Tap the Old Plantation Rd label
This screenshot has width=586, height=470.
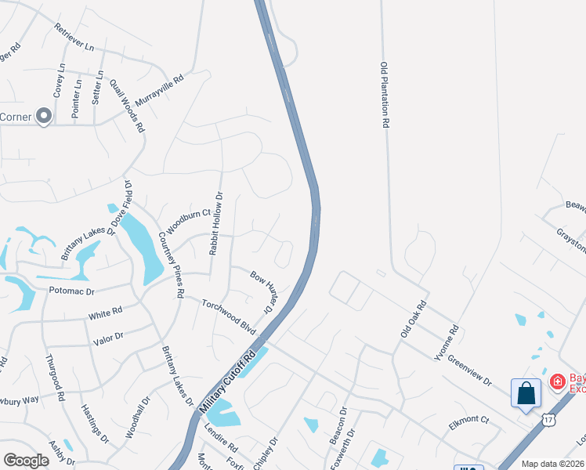pos(385,95)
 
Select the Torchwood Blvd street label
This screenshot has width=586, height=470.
pos(229,316)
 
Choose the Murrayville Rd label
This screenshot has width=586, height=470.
pos(159,91)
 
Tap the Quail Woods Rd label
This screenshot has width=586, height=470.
pos(130,108)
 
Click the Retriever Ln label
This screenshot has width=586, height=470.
pos(74,38)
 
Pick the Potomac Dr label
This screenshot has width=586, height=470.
pos(71,290)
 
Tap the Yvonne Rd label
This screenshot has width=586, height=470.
pos(445,342)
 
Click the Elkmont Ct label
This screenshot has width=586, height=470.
pos(469,421)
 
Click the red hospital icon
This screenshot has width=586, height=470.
pos(557,381)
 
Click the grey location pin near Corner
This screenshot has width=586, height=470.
pos(44,117)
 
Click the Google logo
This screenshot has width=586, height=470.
pos(26,461)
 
